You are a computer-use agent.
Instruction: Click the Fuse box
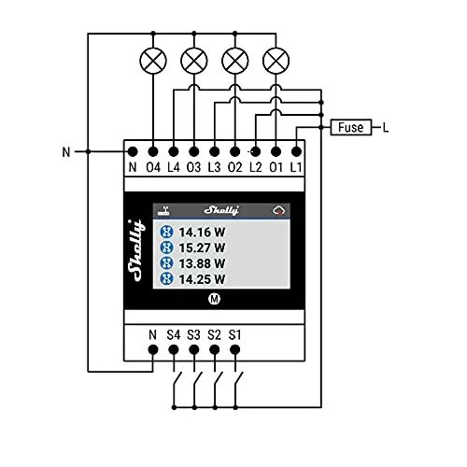point(351,127)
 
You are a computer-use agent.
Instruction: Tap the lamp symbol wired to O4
point(153,61)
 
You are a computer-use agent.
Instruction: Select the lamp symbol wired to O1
point(276,61)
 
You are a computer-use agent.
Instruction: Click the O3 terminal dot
point(194,152)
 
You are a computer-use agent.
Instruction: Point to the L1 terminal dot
point(296,152)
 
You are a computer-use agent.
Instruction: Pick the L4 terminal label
point(174,167)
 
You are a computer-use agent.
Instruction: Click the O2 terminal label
point(235,167)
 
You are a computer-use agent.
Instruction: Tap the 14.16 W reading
point(202,233)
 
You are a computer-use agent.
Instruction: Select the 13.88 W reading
point(202,263)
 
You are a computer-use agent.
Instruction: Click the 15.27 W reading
point(202,248)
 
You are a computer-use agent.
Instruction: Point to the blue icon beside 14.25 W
point(166,278)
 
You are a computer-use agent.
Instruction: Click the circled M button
point(214,299)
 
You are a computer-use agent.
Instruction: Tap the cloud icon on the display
point(279,211)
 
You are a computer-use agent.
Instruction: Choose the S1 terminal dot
point(235,350)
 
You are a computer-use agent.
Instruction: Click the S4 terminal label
point(174,335)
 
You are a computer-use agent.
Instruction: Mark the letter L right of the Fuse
point(386,127)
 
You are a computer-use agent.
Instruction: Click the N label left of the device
point(66,152)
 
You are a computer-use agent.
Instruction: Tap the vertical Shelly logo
point(136,250)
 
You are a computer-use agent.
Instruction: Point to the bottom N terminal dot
point(153,350)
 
